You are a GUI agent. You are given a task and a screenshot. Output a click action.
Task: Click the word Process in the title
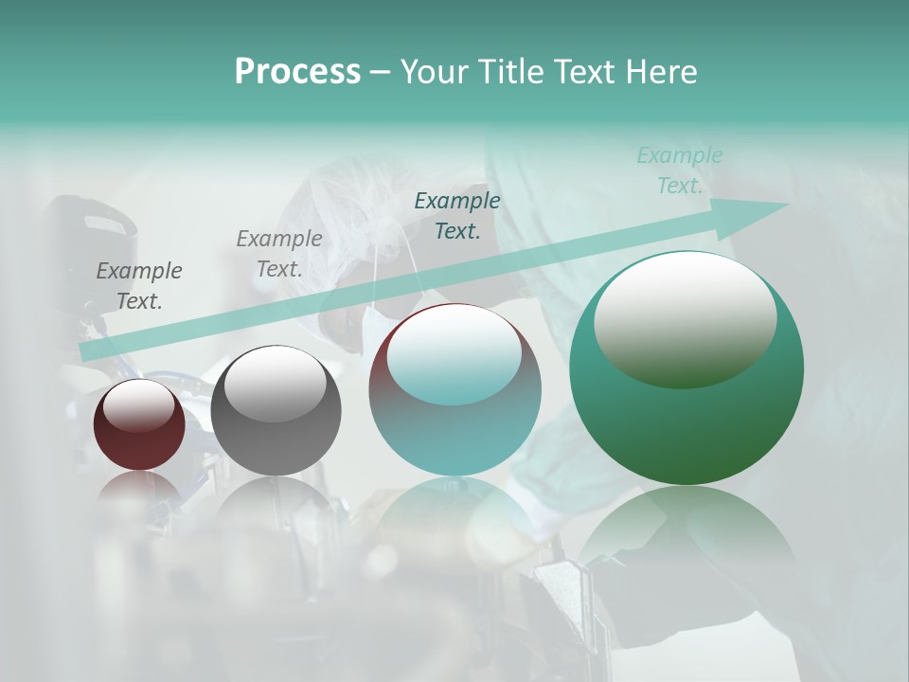[297, 72]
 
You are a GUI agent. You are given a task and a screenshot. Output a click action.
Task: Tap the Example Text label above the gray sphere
[279, 254]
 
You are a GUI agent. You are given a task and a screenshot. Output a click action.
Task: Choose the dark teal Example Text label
[457, 215]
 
